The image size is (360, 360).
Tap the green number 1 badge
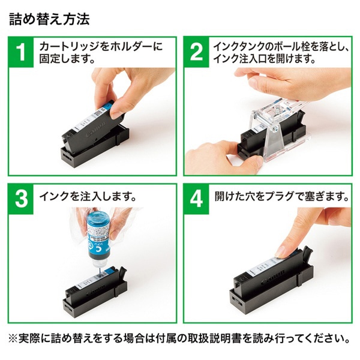[22, 52]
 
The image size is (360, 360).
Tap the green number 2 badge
[197, 52]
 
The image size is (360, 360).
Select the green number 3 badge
[22, 200]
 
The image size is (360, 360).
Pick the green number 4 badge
[197, 200]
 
